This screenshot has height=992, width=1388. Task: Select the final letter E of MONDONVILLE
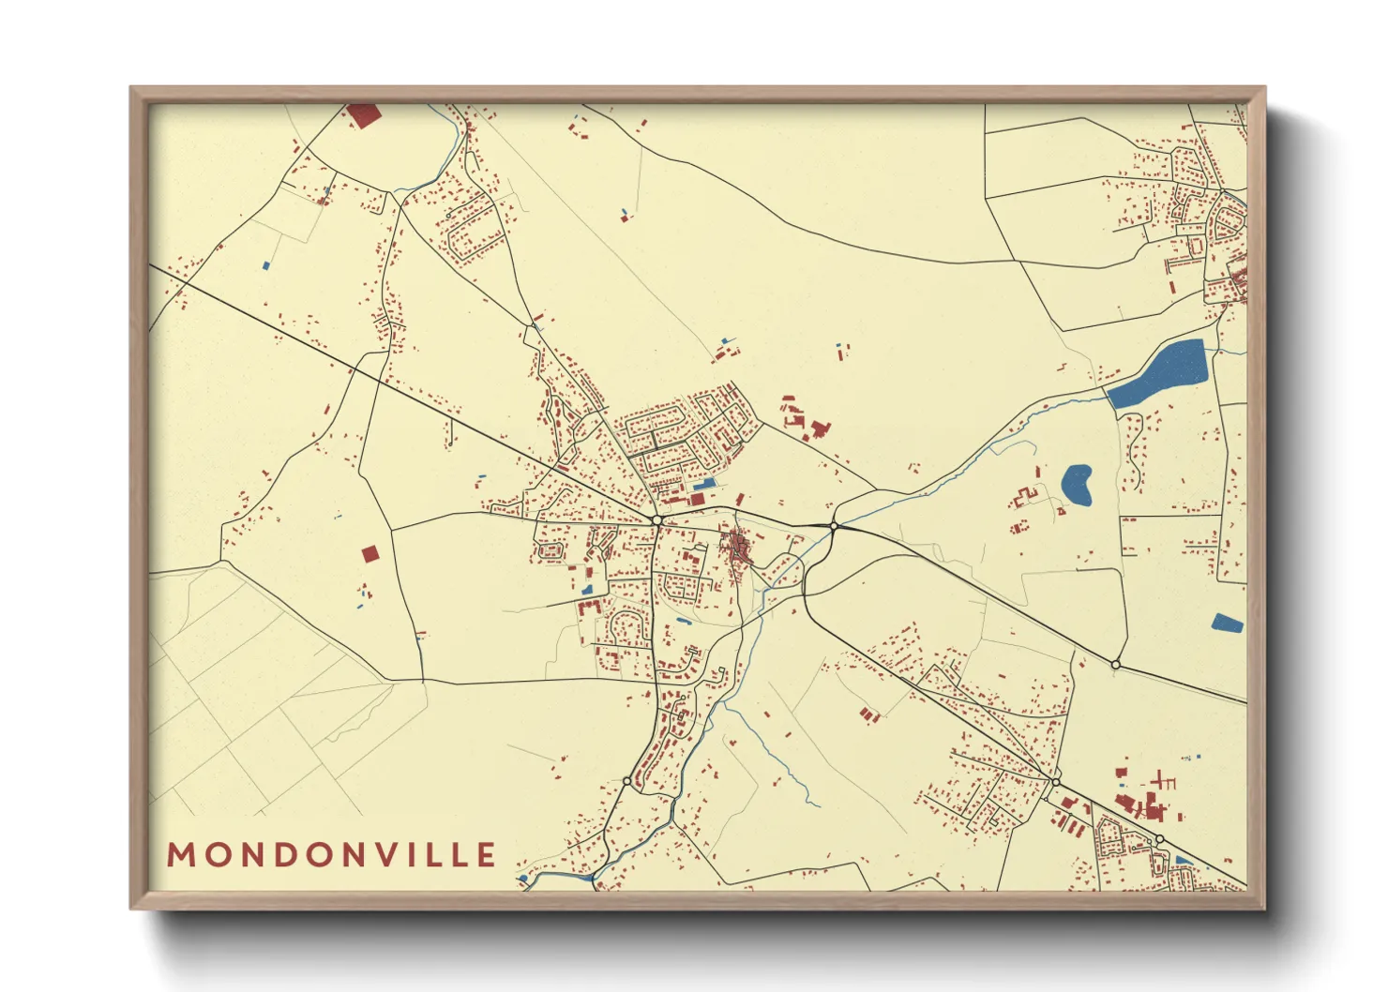[486, 855]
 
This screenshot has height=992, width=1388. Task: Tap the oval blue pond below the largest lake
[1078, 484]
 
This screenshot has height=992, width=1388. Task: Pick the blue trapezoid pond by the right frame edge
[1227, 623]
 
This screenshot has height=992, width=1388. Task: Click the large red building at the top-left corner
[364, 115]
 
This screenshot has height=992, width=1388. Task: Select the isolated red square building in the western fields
[370, 553]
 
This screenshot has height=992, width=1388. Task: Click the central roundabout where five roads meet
[657, 519]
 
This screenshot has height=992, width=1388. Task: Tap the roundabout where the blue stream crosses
[833, 526]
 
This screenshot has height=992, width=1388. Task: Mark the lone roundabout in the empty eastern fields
[1115, 664]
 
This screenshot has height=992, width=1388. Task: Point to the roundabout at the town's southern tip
[626, 780]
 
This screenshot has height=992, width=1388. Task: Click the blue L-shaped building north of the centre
[703, 485]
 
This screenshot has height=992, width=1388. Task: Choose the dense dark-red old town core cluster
[736, 546]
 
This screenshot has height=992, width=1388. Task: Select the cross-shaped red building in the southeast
[1164, 779]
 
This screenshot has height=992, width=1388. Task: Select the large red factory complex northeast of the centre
[805, 419]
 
